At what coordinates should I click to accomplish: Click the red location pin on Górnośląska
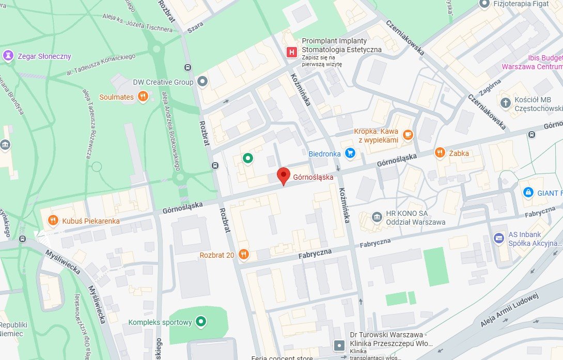283,176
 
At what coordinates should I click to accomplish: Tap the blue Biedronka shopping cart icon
351,153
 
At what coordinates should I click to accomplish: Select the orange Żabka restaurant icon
440,152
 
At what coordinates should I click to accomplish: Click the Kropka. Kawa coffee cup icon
408,135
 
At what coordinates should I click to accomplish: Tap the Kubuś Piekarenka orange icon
53,221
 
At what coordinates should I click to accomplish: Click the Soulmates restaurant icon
143,97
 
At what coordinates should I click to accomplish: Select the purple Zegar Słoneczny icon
8,56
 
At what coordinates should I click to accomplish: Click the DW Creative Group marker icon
202,82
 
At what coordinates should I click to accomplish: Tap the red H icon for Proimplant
292,52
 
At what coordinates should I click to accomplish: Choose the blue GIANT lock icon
527,193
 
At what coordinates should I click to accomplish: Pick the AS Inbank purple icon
498,238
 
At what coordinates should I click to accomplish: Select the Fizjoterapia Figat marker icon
484,4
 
